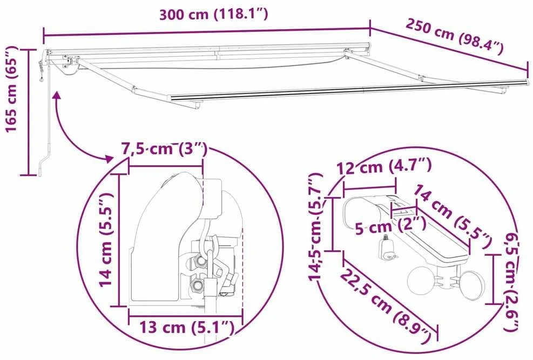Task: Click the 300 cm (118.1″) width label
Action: point(213,15)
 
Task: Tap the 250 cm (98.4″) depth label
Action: point(455,36)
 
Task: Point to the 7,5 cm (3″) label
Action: point(164,149)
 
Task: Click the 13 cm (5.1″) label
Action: point(187,328)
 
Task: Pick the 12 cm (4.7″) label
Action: point(384,166)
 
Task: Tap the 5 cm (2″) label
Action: point(390,226)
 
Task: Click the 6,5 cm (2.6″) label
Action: point(511,282)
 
